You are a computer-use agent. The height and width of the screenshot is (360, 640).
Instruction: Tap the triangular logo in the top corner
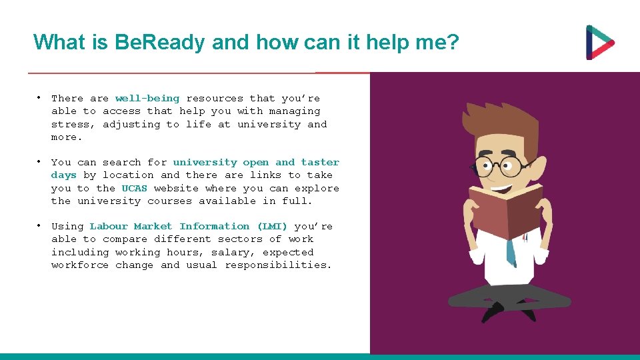599,43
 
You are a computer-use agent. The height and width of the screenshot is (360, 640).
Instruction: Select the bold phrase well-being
147,98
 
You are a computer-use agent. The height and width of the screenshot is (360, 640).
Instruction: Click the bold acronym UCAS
134,188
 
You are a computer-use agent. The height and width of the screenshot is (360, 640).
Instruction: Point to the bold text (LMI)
272,226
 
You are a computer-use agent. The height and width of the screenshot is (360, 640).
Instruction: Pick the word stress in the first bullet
70,124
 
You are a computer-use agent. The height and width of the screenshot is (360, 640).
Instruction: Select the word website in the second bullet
176,188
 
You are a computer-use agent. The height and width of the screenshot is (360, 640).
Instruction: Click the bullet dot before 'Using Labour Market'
40,225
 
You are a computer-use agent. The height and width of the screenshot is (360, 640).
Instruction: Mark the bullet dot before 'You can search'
40,161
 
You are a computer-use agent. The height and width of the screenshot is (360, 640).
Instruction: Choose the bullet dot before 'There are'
40,97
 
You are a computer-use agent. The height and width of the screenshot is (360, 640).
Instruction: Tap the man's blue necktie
511,251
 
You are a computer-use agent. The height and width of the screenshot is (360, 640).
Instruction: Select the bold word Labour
109,226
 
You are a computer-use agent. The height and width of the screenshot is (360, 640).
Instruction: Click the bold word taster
320,162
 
